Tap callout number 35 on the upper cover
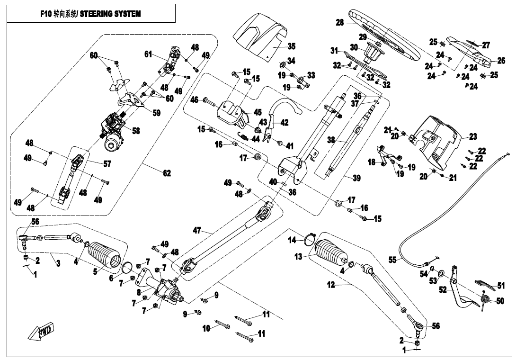(291, 46)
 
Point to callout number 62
(167, 173)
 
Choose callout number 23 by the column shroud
(473, 137)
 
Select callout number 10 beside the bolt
(206, 328)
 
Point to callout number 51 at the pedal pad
(500, 286)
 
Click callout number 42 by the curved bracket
(284, 122)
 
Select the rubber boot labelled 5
(104, 258)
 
